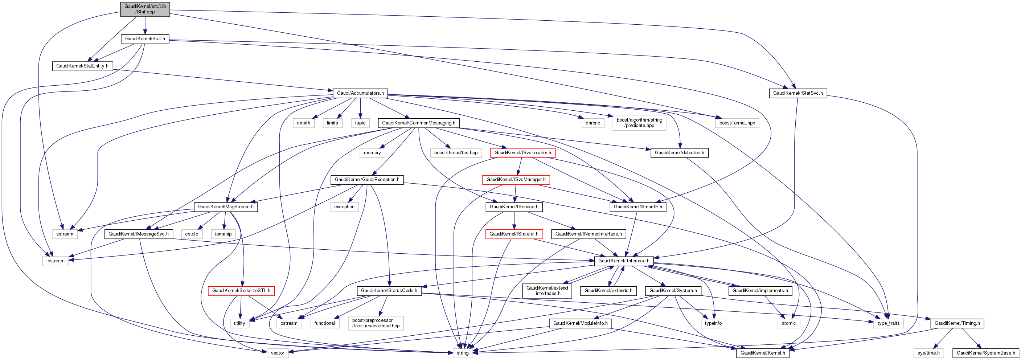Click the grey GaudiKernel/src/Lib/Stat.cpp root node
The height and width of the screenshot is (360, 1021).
[x=145, y=9]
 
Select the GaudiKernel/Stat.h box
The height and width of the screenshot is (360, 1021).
[x=145, y=39]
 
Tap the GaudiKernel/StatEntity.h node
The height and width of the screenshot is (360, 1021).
[x=82, y=66]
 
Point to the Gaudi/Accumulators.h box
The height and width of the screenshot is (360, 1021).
[x=360, y=93]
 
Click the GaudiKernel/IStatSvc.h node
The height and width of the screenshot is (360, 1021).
[x=797, y=93]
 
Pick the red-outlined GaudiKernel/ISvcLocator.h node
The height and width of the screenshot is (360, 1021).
[x=522, y=153]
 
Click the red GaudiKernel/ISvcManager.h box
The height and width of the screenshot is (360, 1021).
[x=516, y=180]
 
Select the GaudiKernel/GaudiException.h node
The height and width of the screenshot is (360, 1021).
[x=367, y=180]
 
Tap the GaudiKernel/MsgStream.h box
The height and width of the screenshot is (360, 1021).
[x=226, y=206]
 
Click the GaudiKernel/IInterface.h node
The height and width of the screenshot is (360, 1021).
[x=623, y=261]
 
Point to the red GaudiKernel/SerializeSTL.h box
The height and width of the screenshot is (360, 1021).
[x=241, y=291]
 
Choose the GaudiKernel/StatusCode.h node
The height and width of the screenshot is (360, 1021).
[x=389, y=291]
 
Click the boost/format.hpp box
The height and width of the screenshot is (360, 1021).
[x=737, y=123]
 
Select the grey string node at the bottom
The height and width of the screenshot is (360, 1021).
[x=462, y=353]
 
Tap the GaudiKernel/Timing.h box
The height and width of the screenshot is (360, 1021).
[x=957, y=323]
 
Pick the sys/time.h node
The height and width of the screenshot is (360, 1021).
[x=928, y=353]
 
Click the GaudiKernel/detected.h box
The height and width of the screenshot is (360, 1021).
[x=679, y=153]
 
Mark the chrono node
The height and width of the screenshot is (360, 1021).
[x=592, y=123]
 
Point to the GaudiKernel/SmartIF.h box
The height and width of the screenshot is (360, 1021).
[x=638, y=206]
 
